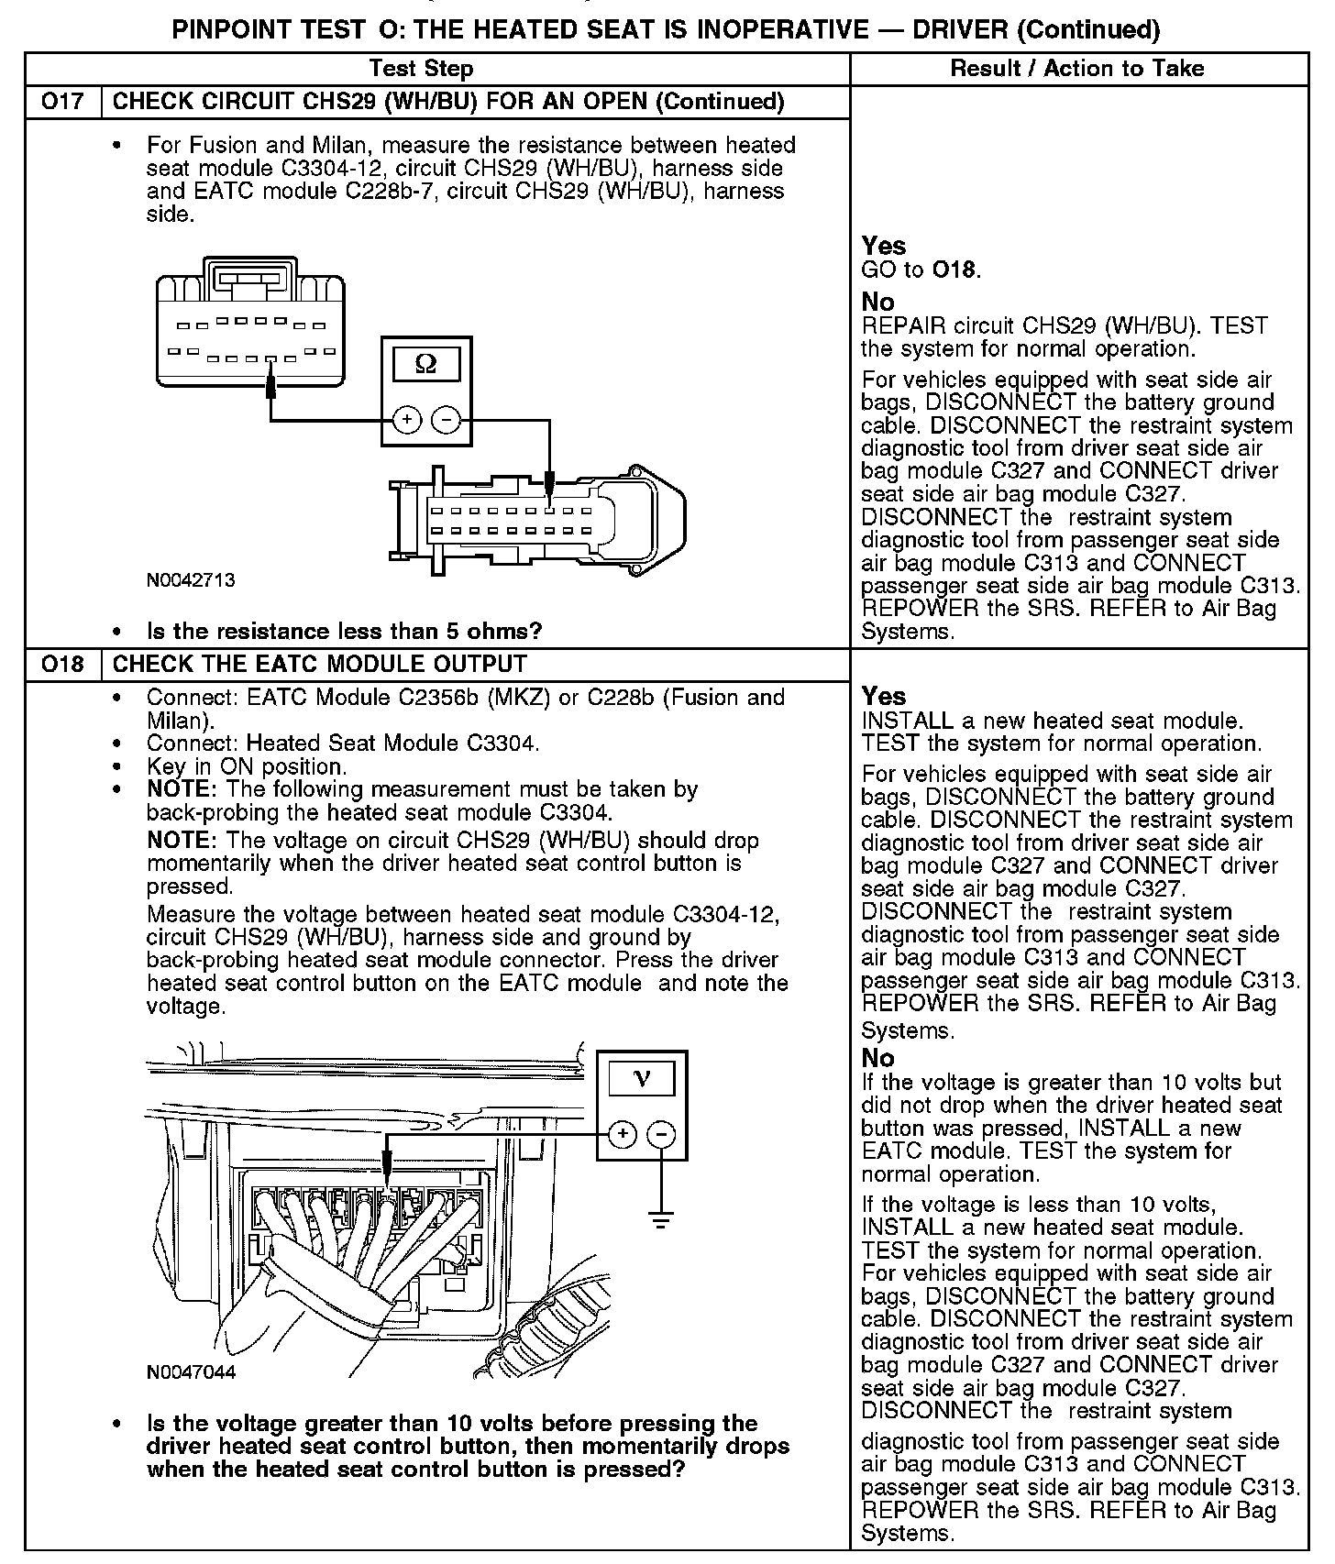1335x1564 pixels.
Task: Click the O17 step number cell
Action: (x=61, y=101)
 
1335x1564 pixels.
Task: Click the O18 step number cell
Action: (x=61, y=664)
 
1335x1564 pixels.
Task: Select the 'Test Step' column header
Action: (x=421, y=68)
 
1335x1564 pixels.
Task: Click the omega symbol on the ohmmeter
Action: (x=426, y=364)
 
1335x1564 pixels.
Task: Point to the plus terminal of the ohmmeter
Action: (x=406, y=420)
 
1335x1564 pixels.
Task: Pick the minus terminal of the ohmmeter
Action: (x=447, y=420)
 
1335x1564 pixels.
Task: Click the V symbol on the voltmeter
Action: (x=641, y=1077)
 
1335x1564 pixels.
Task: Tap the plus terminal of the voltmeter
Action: (x=622, y=1134)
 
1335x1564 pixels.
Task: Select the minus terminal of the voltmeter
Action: (x=661, y=1134)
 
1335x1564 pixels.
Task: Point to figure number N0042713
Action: (x=191, y=580)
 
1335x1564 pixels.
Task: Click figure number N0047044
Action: (x=191, y=1372)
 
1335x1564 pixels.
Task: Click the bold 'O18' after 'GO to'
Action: (x=954, y=270)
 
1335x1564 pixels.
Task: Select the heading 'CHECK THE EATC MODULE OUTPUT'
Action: (x=319, y=664)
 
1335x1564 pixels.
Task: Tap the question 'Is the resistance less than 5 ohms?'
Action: (x=345, y=631)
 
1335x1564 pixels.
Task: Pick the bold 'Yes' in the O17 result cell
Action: (x=884, y=246)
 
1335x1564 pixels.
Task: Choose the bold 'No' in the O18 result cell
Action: (x=877, y=1058)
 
